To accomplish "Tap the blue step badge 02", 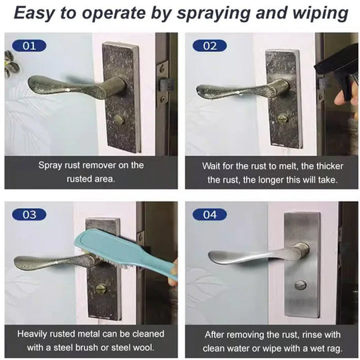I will tap(209, 46).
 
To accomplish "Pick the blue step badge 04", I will tap(209, 215).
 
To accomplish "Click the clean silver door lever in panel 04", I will tap(253, 255).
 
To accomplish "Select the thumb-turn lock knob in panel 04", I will tap(301, 285).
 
